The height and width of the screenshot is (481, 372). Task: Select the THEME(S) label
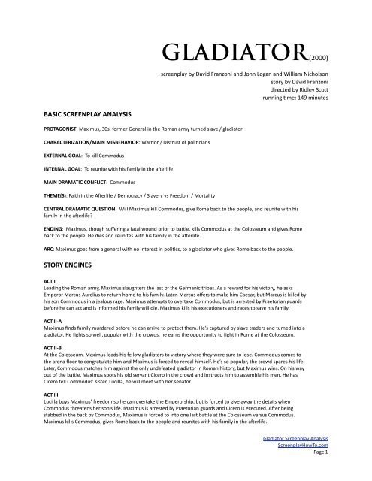tap(29, 199)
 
